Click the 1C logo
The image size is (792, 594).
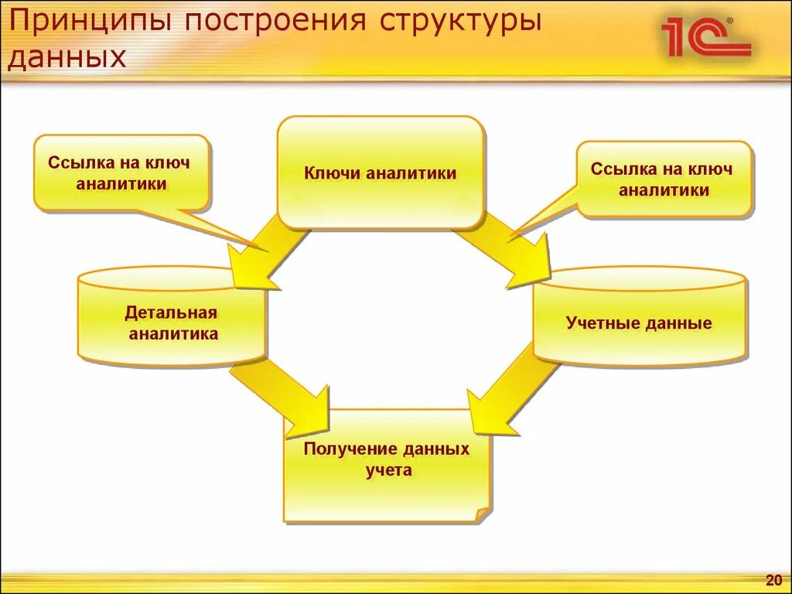tap(705, 37)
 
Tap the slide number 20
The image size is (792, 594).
tap(773, 580)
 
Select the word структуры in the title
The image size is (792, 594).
tap(459, 22)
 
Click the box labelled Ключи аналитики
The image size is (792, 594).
tap(381, 172)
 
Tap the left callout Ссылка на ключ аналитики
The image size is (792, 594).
tap(121, 172)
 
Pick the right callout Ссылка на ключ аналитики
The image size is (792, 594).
tap(664, 179)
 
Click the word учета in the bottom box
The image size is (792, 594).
tap(389, 469)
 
